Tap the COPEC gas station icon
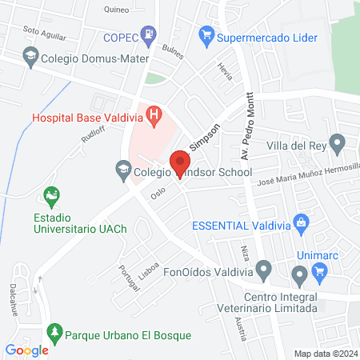point(148,34)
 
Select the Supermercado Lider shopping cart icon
point(207,36)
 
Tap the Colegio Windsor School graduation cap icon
point(122,170)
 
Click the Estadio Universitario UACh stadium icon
point(53,194)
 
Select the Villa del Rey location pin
point(338,146)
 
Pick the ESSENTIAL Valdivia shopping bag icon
point(301,222)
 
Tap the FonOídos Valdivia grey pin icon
point(299,278)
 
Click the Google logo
point(27,350)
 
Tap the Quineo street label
point(118,10)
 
